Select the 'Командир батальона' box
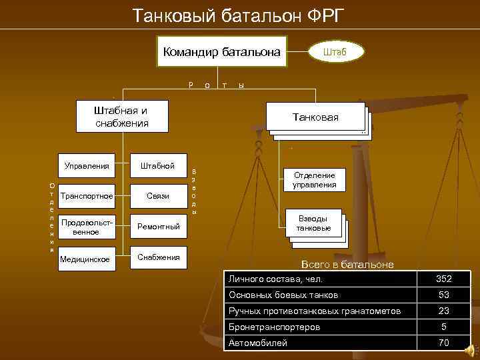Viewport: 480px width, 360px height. (221, 51)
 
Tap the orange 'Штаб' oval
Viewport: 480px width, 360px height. (335, 51)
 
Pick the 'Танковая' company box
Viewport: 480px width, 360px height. (315, 117)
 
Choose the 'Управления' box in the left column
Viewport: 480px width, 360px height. (86, 165)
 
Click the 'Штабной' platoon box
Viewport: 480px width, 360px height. (158, 165)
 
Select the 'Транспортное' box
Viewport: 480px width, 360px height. (86, 196)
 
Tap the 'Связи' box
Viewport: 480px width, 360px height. (158, 196)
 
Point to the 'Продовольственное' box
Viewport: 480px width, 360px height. (86, 227)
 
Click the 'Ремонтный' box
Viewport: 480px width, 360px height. (158, 227)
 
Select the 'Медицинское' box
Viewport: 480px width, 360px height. (86, 258)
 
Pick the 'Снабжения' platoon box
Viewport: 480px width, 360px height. (158, 257)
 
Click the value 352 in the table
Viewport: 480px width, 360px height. (443, 279)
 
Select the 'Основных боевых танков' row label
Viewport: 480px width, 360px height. (283, 295)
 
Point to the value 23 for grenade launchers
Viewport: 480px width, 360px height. (443, 311)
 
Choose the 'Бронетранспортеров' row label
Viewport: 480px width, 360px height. (274, 327)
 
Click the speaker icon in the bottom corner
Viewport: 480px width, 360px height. (471, 349)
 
